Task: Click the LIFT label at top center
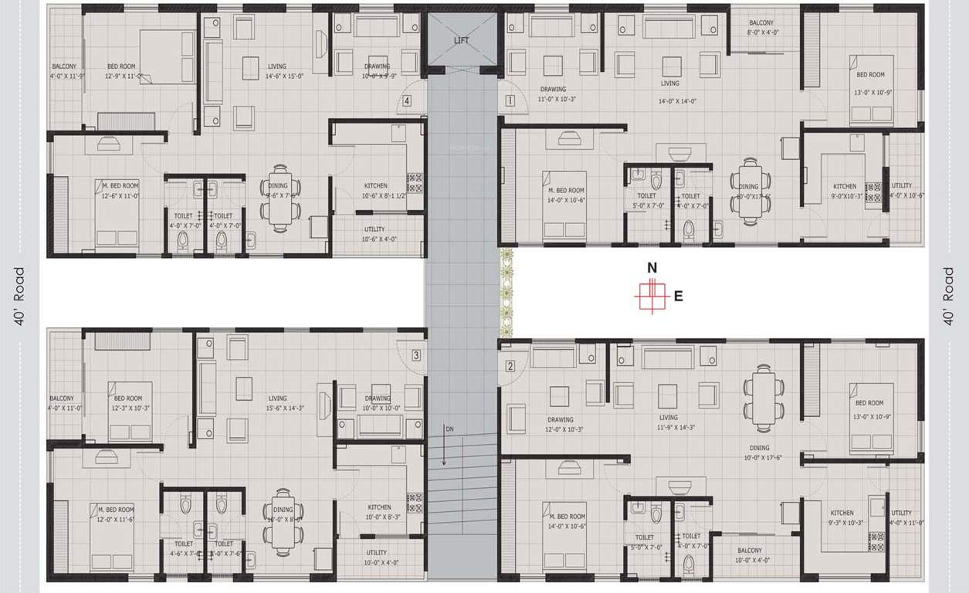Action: [x=461, y=41]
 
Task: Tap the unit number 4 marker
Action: [x=406, y=100]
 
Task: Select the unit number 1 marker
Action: [x=510, y=100]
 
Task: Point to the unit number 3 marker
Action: [x=415, y=355]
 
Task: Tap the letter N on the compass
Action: [x=652, y=268]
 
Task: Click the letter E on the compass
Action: [x=678, y=296]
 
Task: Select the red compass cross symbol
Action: [x=651, y=296]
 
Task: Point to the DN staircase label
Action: [x=449, y=428]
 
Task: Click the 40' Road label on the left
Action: [x=19, y=296]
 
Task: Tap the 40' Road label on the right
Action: [x=949, y=296]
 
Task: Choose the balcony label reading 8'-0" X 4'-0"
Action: [x=761, y=28]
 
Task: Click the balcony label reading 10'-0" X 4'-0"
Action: [x=749, y=555]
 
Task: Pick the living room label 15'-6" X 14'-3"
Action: [x=277, y=403]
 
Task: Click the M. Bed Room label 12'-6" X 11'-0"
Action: [x=117, y=191]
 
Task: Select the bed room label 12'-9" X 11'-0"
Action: [x=124, y=71]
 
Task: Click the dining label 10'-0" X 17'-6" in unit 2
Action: [x=759, y=452]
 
